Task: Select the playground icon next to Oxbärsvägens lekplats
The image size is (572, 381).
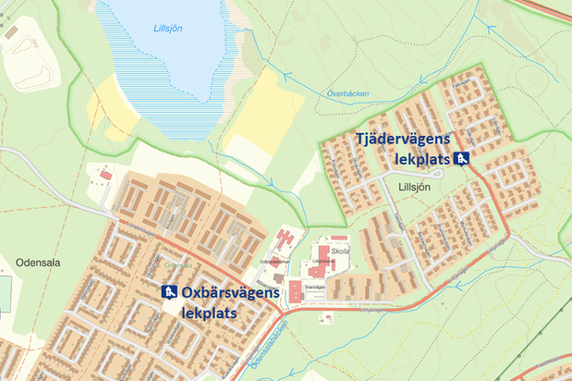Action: click(169, 292)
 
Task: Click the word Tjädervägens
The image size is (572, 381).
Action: click(403, 139)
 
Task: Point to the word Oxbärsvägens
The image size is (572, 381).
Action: click(230, 293)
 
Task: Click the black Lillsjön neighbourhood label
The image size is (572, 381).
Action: click(415, 187)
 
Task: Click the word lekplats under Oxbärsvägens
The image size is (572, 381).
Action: click(210, 313)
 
